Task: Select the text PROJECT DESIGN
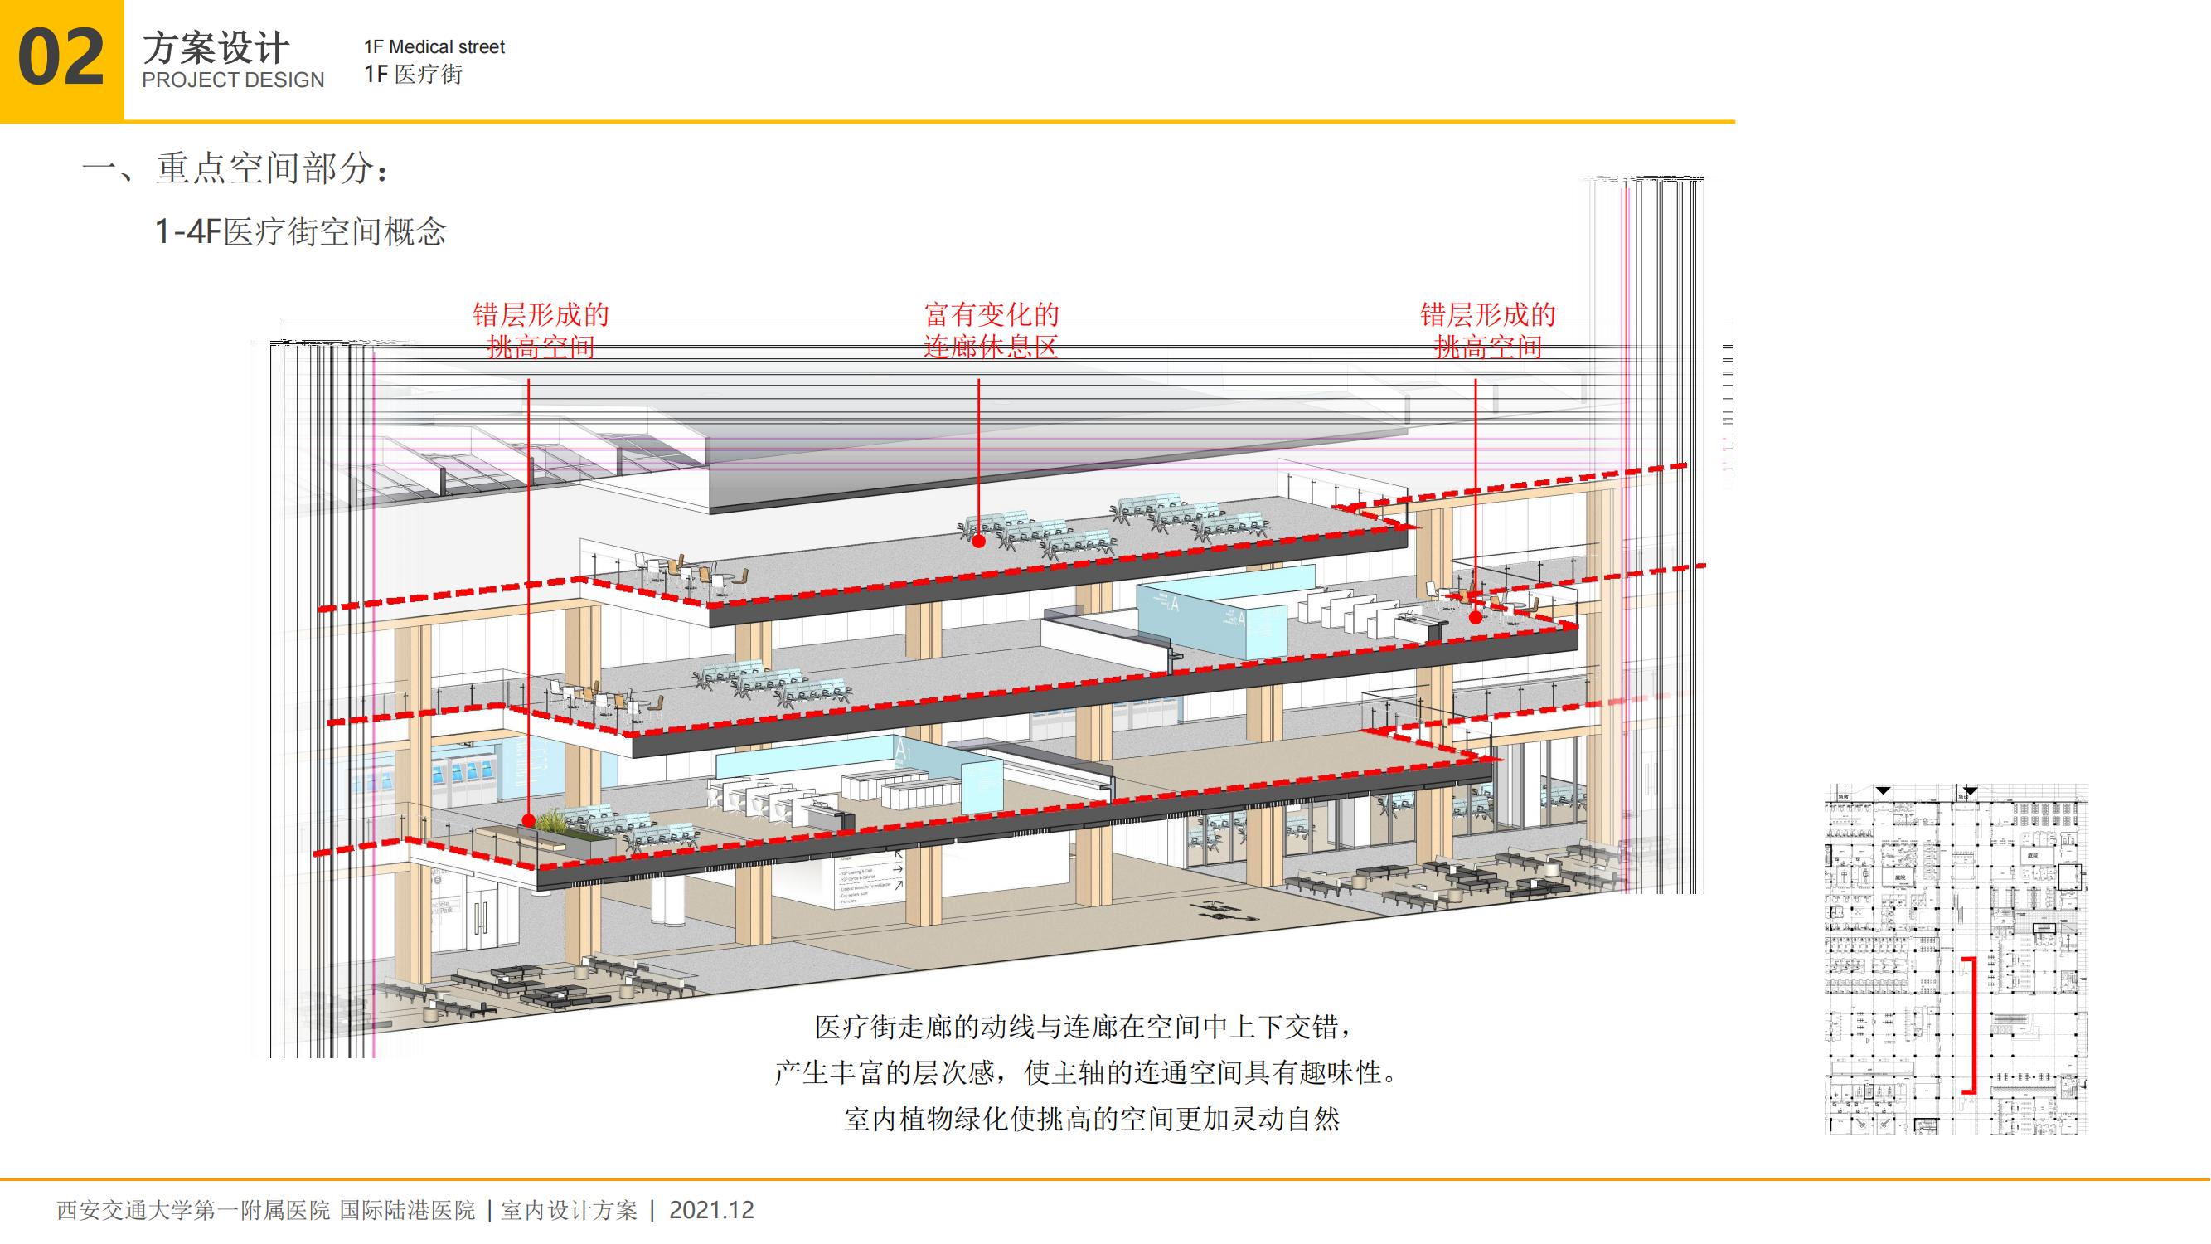click(x=233, y=80)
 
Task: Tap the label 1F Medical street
click(x=434, y=47)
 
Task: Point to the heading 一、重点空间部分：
click(x=237, y=168)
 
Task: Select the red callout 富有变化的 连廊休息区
click(x=992, y=331)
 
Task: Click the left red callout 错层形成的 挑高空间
click(x=541, y=331)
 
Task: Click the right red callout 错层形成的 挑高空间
click(x=1487, y=331)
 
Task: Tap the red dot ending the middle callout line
click(x=978, y=541)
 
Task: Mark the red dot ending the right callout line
click(x=1476, y=615)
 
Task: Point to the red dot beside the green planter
click(x=529, y=820)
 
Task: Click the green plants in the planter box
click(x=562, y=824)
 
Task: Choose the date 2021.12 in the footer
click(x=711, y=1211)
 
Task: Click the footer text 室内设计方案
click(x=569, y=1211)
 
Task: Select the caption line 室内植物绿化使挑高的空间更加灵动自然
click(x=1091, y=1120)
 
